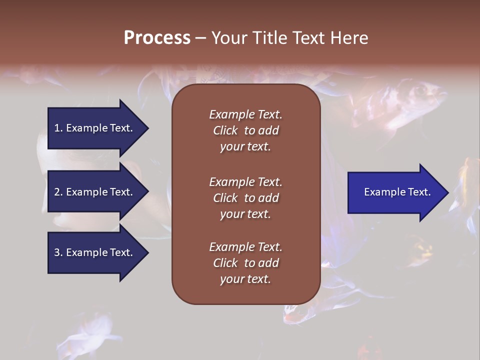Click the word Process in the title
pos(157,38)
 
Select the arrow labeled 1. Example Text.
pos(95,128)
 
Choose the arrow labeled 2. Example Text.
pos(95,192)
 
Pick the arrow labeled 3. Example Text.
pos(95,252)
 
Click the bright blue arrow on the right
pos(395,192)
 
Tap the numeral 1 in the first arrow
pos(57,128)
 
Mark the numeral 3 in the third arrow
pos(57,253)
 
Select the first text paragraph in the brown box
pos(245,130)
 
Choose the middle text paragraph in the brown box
pos(245,198)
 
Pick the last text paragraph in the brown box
pos(245,263)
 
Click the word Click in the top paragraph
pos(225,130)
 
